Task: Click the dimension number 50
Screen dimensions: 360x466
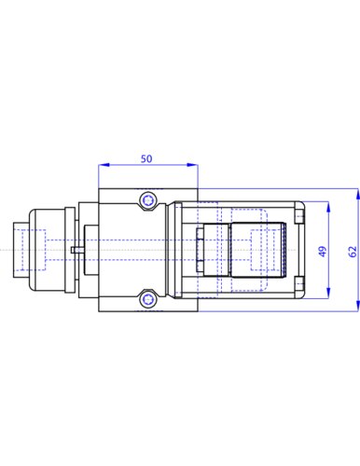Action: (x=146, y=158)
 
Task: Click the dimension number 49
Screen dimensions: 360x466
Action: (x=323, y=252)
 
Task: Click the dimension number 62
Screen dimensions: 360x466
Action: (x=353, y=252)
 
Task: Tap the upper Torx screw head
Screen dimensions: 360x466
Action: (x=147, y=200)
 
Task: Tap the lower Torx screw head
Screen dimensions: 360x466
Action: (x=147, y=299)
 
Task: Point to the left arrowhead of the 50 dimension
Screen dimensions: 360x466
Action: (x=104, y=165)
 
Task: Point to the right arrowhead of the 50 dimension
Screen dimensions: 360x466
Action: (x=192, y=165)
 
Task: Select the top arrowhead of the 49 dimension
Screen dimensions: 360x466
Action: (x=328, y=207)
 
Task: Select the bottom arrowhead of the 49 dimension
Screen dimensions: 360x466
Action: (x=328, y=293)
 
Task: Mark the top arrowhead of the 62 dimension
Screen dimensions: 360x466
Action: (x=358, y=194)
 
